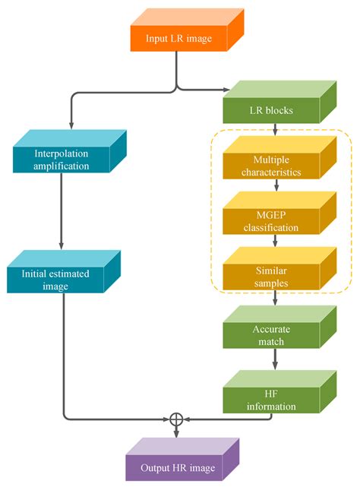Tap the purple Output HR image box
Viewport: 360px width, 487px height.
(x=176, y=466)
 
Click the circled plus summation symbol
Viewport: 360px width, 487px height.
(x=177, y=419)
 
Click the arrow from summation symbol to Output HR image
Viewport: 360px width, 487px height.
(x=177, y=432)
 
